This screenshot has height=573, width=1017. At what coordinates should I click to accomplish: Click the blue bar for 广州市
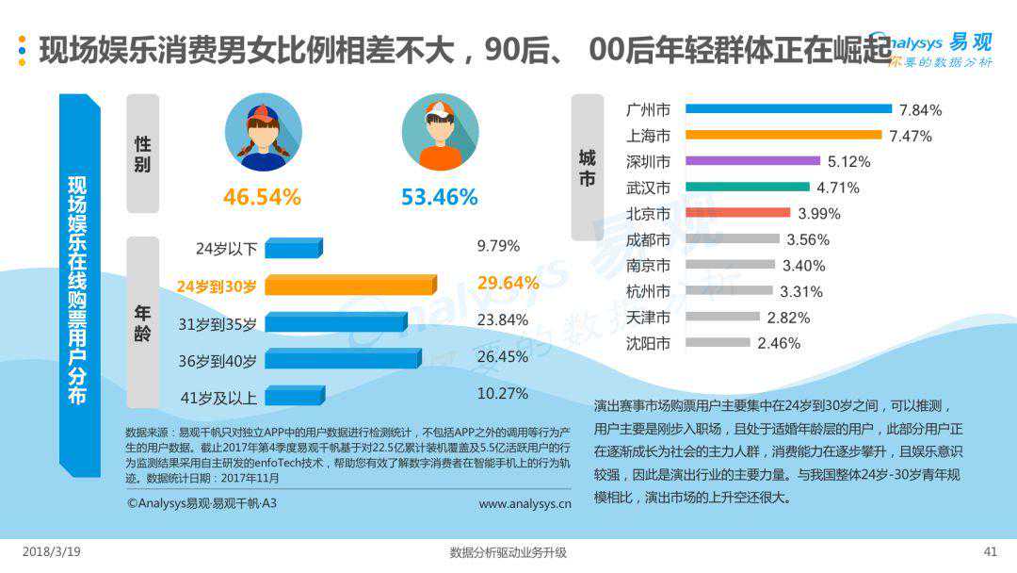point(788,109)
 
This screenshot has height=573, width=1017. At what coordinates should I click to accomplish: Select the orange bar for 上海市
point(783,136)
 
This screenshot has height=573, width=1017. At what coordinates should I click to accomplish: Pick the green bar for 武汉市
point(748,188)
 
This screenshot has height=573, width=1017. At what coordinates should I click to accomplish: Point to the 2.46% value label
point(779,343)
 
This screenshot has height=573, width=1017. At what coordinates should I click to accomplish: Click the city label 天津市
point(649,318)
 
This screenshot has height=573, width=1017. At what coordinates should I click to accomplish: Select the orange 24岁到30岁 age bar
point(350,285)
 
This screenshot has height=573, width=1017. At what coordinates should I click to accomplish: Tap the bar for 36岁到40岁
point(343,358)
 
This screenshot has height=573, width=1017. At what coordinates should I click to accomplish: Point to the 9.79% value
point(498,247)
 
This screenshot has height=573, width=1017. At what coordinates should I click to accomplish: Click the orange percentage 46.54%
point(262,198)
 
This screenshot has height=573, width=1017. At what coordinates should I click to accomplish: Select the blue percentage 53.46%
point(440,198)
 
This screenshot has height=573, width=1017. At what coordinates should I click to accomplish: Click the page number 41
point(990,552)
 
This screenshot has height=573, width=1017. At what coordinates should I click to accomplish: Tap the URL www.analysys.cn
point(525,504)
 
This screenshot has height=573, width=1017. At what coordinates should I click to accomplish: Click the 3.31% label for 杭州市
point(801,291)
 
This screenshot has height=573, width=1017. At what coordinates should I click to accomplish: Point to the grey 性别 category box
point(143,154)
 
